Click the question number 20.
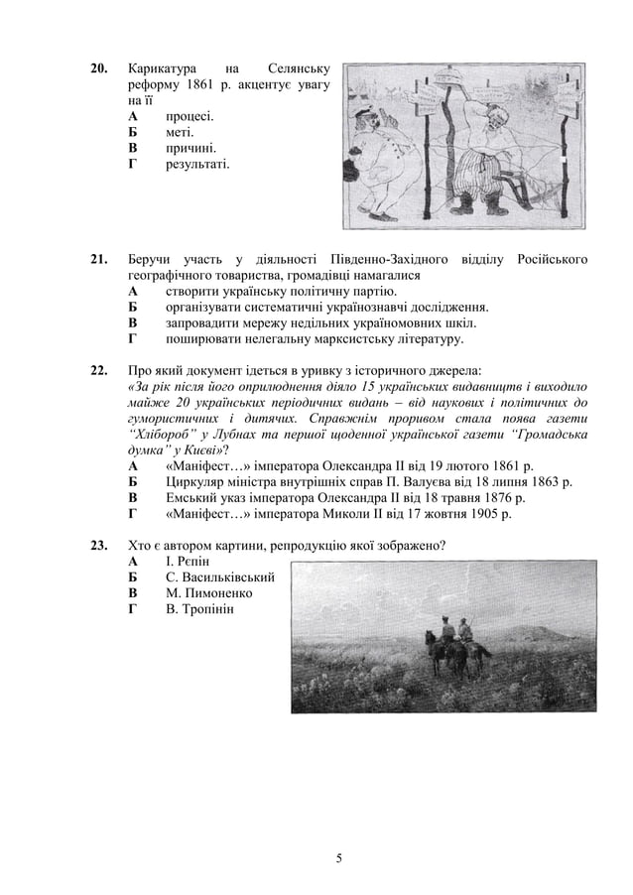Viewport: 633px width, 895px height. [x=99, y=69]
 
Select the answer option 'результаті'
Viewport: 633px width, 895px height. [x=197, y=163]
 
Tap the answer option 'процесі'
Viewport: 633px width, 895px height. [x=190, y=115]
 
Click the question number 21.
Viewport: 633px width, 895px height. [x=99, y=260]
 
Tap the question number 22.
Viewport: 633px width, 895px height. [x=99, y=371]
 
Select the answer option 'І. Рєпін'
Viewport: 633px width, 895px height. [x=188, y=562]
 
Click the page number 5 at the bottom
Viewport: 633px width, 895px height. [x=338, y=857]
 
